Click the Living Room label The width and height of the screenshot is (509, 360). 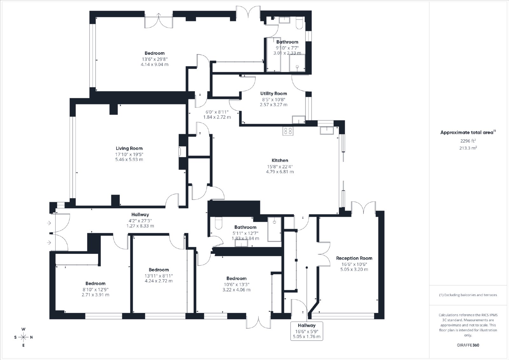click(129, 148)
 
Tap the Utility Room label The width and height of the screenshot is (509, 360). click(274, 93)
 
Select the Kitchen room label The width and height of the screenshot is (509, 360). click(280, 160)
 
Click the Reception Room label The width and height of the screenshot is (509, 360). click(354, 258)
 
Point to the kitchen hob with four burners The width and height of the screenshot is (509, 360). click(288, 131)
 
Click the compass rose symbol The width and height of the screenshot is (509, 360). click(24, 337)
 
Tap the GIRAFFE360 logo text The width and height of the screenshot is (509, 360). click(468, 345)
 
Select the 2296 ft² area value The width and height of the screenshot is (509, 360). click(468, 141)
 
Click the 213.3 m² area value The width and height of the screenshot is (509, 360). click(468, 148)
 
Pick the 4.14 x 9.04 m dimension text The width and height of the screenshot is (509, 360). click(155, 64)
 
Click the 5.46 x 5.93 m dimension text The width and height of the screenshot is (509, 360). click(129, 159)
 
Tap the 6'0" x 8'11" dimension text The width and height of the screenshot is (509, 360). click(217, 112)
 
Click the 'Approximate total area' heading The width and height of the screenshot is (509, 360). click(468, 132)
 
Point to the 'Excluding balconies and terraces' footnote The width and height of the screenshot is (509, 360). click(468, 295)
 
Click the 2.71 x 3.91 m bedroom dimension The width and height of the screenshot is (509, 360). click(95, 294)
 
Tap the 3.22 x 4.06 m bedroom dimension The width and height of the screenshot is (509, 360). click(236, 290)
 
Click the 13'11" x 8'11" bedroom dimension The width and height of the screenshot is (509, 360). click(159, 276)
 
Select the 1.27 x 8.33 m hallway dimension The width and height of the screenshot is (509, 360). click(140, 226)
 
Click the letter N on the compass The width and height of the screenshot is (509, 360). click(31, 337)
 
